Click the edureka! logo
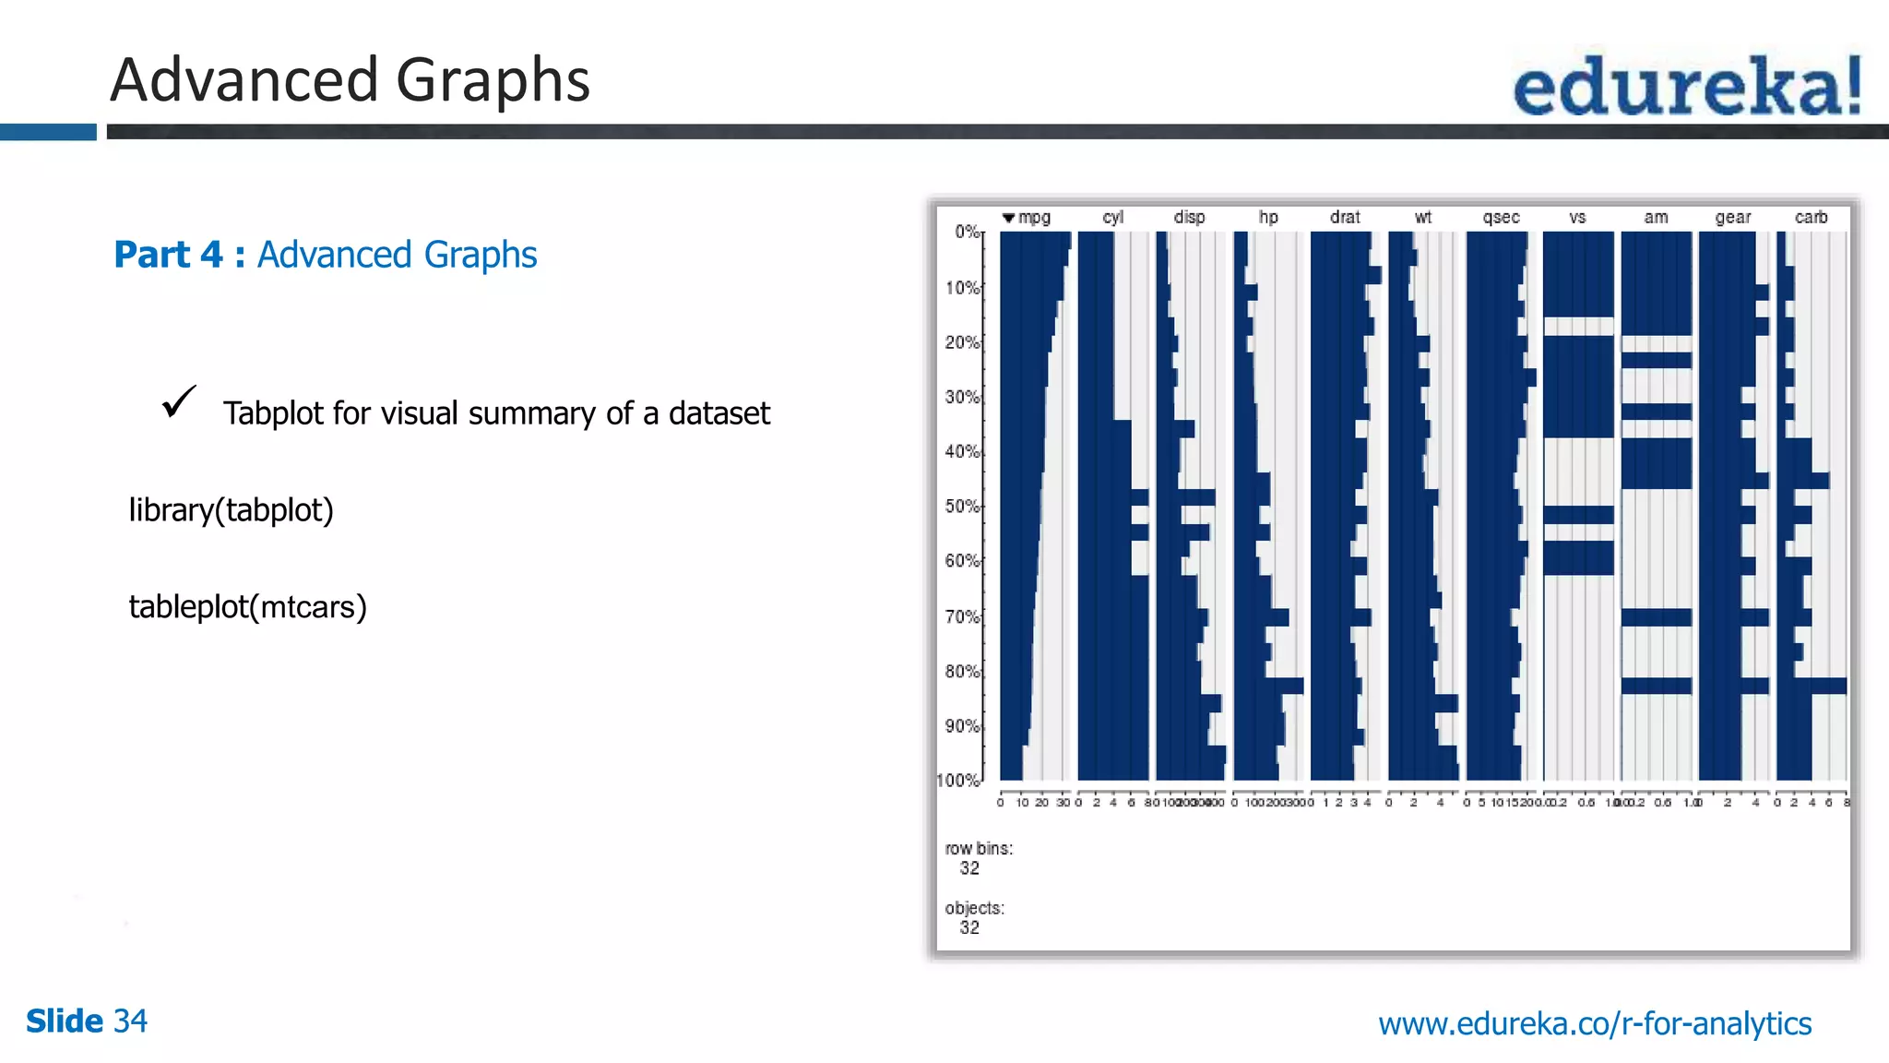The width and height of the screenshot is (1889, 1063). pos(1687,86)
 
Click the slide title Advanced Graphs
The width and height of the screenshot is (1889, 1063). pos(350,80)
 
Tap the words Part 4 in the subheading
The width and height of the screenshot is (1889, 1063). pos(168,255)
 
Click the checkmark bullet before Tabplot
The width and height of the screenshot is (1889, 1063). pos(178,402)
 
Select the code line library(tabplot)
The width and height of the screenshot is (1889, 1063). pos(231,510)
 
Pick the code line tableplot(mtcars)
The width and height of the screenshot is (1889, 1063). pos(247,607)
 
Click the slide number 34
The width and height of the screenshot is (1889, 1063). pos(130,1021)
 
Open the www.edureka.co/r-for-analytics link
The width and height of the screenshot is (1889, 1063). pos(1595,1023)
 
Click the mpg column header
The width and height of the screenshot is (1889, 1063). pos(1034,218)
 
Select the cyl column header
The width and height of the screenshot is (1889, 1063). pos(1112,218)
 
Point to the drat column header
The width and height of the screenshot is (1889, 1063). pos(1345,218)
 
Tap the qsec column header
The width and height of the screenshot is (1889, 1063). pos(1501,218)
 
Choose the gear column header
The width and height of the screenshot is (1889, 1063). pos(1732,218)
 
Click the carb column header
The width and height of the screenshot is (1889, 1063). pos(1811,218)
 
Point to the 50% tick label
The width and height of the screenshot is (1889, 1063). pos(961,507)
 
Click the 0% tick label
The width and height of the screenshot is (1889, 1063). pos(966,232)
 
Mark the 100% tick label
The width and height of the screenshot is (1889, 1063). pos(958,781)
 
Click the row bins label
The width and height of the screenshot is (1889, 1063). pos(979,849)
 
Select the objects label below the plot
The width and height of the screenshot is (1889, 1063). pos(974,908)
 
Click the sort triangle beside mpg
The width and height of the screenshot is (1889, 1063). pos(1008,219)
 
